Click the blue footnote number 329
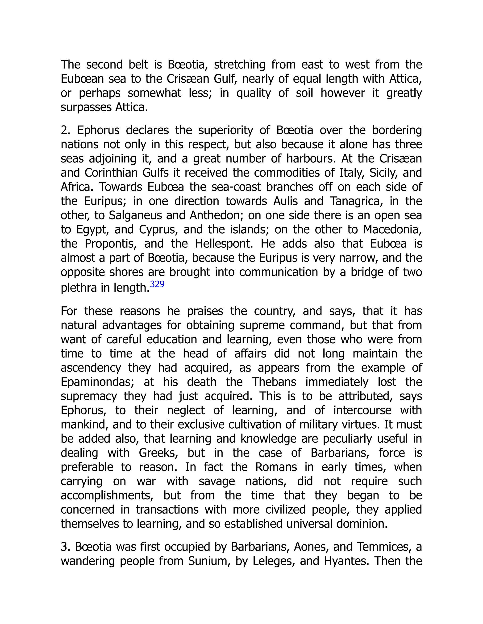click(x=157, y=284)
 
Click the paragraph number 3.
click(x=64, y=547)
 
